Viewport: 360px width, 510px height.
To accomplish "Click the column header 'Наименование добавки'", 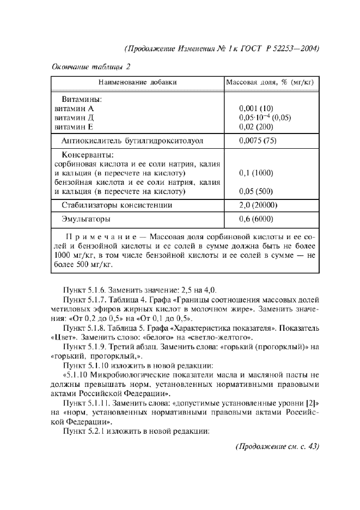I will point(137,82).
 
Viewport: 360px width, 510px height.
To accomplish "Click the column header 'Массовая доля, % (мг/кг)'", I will point(272,82).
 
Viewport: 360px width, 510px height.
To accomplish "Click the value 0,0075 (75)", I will point(258,141).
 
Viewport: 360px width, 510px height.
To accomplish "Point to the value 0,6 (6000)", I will point(256,220).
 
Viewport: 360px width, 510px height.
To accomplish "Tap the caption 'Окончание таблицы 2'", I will point(91,67).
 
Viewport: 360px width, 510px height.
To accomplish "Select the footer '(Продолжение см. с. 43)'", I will point(277,447).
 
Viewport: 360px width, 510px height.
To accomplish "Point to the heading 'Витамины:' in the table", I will point(82,100).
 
